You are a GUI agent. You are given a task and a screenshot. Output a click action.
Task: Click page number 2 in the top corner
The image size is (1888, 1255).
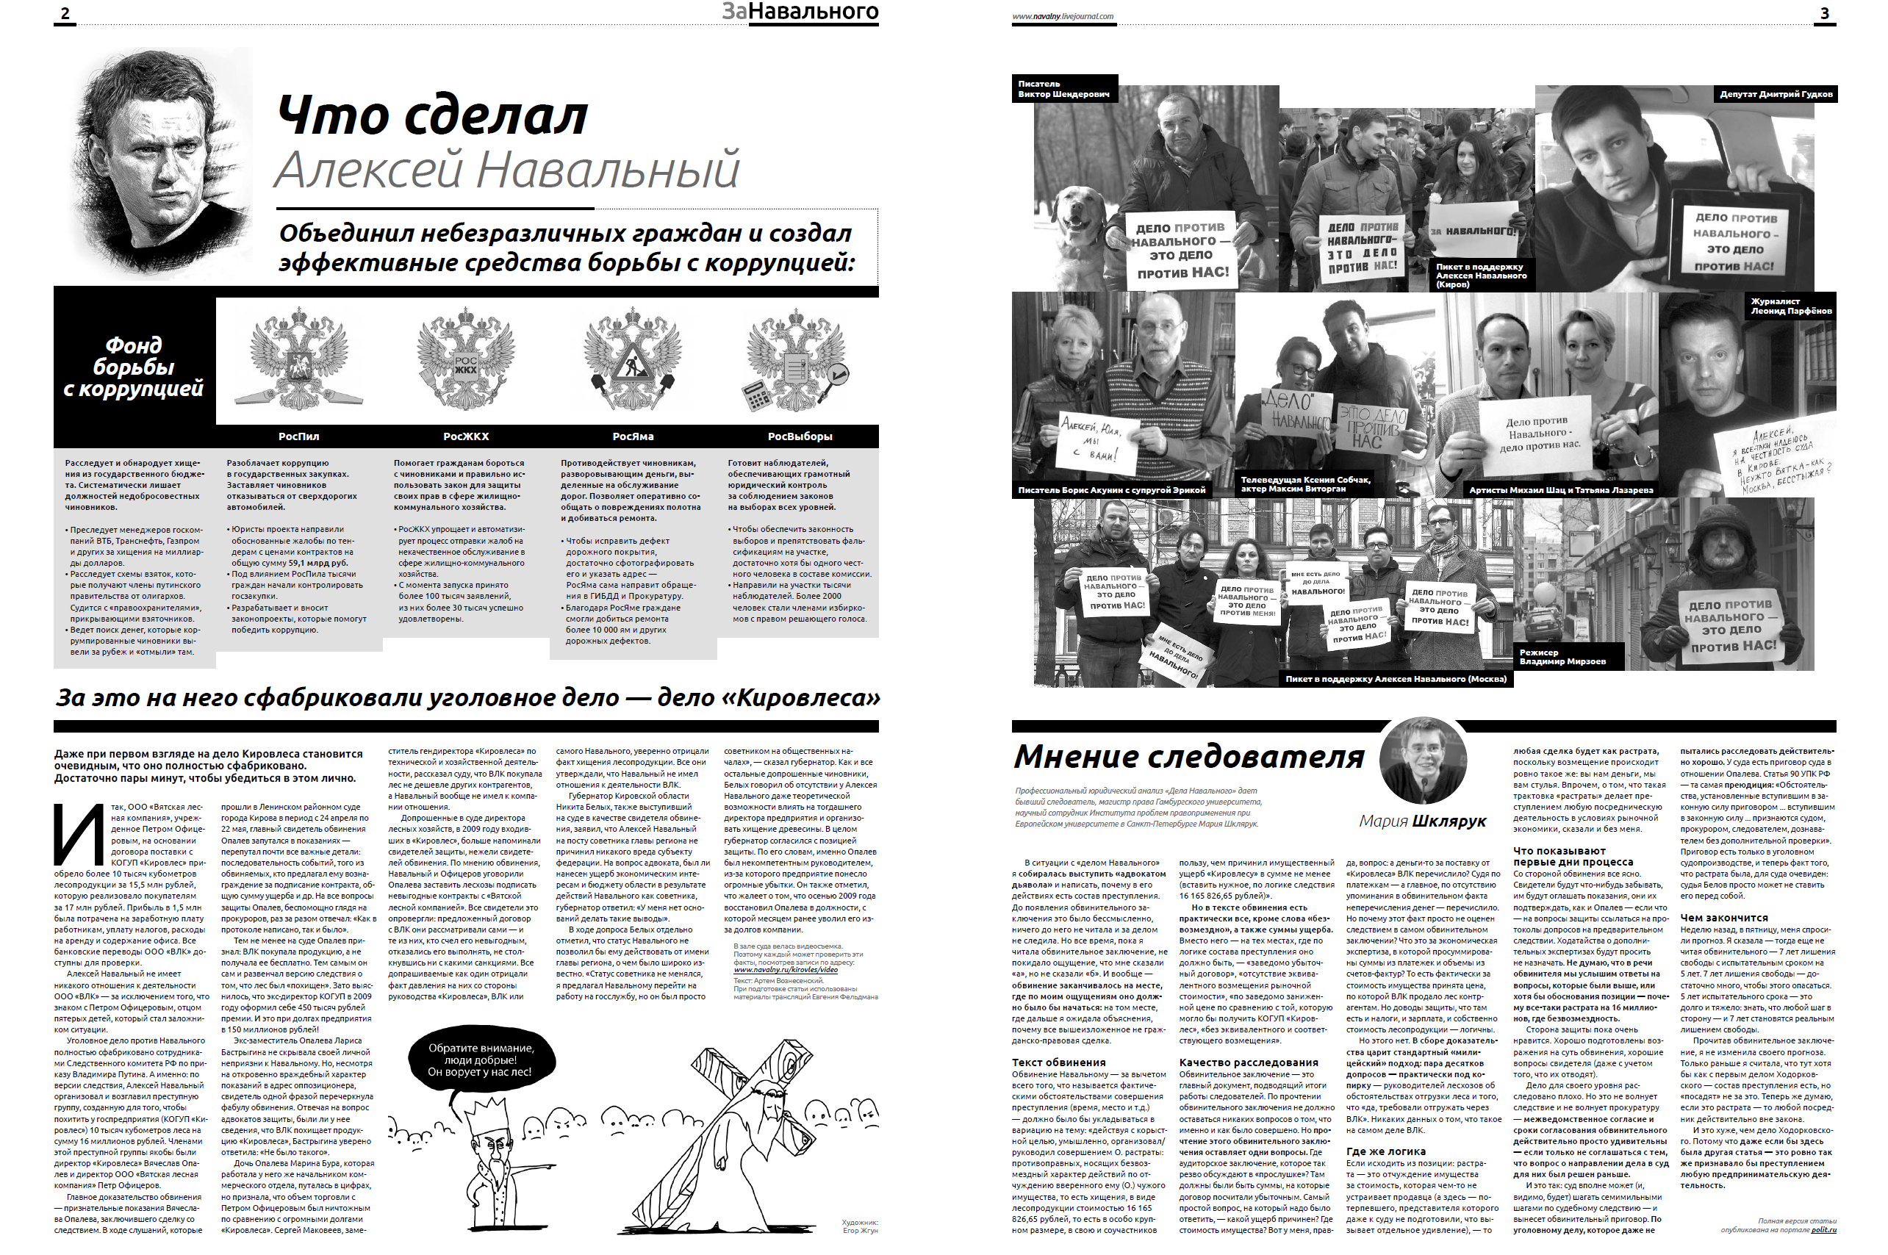pyautogui.click(x=65, y=12)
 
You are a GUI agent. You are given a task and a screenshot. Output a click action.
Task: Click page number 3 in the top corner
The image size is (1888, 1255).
pyautogui.click(x=1825, y=12)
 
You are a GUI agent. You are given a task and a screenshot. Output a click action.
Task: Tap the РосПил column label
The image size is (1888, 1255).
pyautogui.click(x=298, y=436)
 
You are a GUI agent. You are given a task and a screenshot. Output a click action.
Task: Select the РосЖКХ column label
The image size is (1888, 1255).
pyautogui.click(x=466, y=436)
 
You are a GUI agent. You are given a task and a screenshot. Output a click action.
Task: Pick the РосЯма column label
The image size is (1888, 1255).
pyautogui.click(x=632, y=436)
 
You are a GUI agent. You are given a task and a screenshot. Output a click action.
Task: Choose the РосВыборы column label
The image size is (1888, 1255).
pyautogui.click(x=800, y=436)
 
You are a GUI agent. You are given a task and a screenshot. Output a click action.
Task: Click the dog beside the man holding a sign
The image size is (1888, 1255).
pyautogui.click(x=1080, y=215)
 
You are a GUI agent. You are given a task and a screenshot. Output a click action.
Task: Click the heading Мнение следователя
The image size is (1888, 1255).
pyautogui.click(x=1188, y=756)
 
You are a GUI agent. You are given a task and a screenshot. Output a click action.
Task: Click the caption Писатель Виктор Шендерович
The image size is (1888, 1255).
pyautogui.click(x=1063, y=89)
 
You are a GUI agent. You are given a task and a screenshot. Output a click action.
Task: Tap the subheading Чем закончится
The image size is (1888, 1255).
pyautogui.click(x=1723, y=918)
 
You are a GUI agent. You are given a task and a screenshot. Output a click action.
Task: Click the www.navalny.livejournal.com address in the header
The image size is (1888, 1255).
pyautogui.click(x=1062, y=16)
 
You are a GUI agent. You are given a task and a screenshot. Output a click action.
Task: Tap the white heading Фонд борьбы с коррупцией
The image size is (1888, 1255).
pyautogui.click(x=134, y=367)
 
